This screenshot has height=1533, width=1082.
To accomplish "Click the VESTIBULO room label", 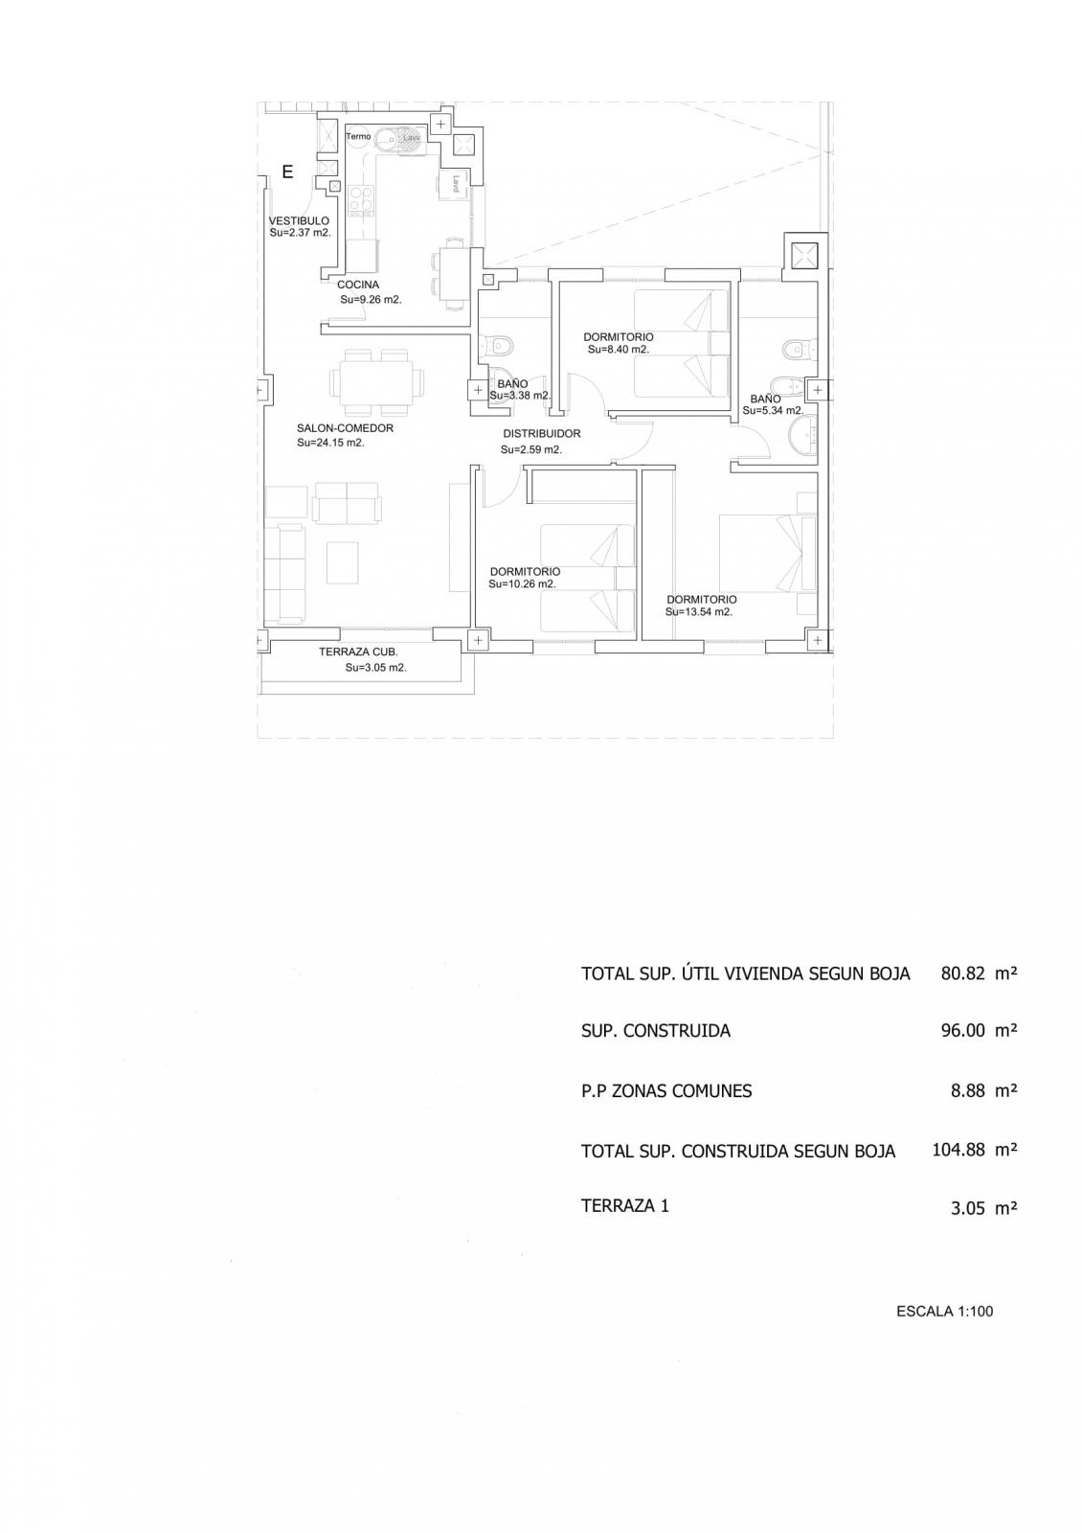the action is [299, 220].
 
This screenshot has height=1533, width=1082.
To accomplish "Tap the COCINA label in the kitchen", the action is [358, 285].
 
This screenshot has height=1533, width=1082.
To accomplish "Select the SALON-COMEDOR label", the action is [345, 428].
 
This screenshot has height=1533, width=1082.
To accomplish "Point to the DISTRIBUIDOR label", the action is [542, 433].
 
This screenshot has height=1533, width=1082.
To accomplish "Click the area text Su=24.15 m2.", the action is [330, 443].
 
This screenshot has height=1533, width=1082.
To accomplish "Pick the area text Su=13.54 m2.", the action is [698, 612].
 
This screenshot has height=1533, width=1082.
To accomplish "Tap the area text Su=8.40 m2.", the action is [619, 349].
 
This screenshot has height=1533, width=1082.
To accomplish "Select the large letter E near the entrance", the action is [287, 172].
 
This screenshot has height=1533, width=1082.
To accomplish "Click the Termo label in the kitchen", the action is [358, 137].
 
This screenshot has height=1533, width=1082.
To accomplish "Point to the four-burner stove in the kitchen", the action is [361, 199].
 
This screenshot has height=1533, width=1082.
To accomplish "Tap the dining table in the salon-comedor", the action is [377, 382].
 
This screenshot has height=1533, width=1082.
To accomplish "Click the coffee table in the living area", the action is [342, 562].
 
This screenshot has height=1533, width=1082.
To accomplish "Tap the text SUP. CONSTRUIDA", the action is [655, 1031].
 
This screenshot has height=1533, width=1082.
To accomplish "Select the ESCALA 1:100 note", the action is [944, 1312].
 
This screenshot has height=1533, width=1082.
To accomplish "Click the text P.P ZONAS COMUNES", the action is [666, 1091].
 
